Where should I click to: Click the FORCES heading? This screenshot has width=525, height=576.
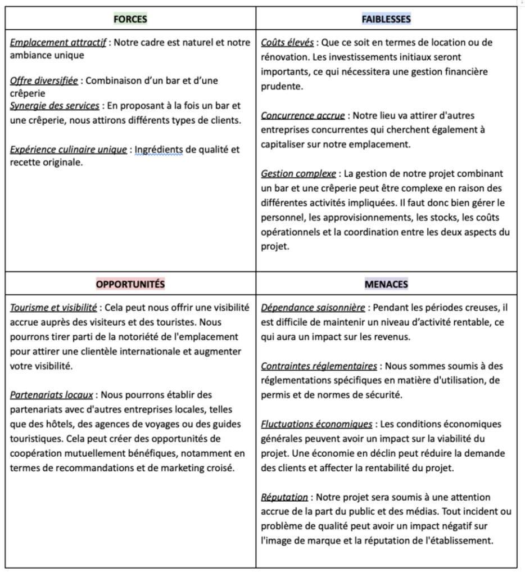[x=130, y=19]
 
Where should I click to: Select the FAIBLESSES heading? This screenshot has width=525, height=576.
[x=386, y=19]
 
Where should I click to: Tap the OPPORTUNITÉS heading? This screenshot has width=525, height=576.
[x=130, y=284]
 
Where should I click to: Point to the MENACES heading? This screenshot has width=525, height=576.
[x=386, y=284]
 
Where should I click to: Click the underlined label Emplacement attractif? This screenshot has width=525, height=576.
[x=58, y=43]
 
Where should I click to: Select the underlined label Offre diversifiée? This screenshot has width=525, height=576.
[x=44, y=80]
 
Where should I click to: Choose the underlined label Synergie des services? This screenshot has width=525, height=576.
[x=55, y=105]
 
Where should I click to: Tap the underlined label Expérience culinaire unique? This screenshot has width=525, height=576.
[x=69, y=149]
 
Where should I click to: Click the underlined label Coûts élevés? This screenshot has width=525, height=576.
[x=287, y=43]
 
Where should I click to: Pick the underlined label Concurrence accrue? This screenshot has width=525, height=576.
[x=303, y=115]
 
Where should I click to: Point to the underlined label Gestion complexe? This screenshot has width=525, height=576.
[x=298, y=173]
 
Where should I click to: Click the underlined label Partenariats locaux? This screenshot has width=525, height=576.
[x=51, y=395]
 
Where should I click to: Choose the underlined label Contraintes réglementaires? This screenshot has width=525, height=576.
[x=319, y=366]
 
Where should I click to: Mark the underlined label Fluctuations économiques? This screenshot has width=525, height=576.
[x=316, y=424]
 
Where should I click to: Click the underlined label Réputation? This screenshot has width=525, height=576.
[x=284, y=497]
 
